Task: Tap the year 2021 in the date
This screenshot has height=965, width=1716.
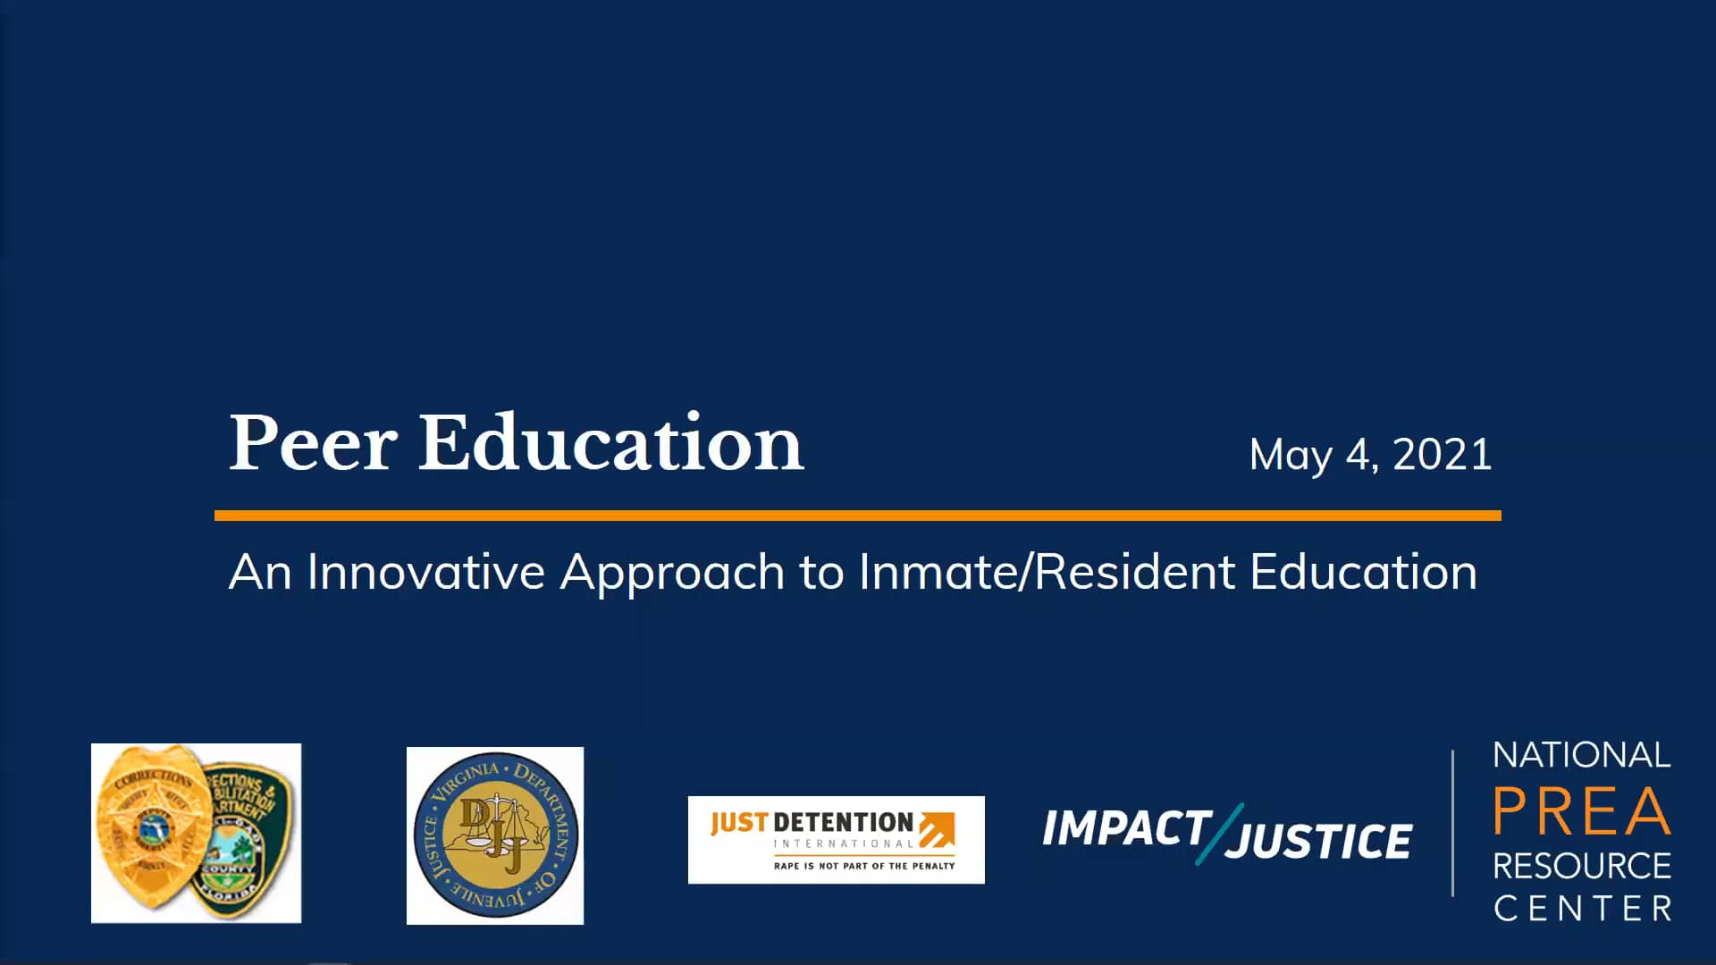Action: [1443, 454]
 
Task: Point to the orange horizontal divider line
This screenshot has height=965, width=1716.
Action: [858, 516]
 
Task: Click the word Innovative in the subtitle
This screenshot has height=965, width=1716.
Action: [425, 572]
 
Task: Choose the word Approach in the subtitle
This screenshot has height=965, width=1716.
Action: [672, 574]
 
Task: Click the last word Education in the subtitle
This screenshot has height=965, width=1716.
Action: [1363, 572]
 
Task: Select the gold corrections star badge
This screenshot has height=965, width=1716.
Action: [152, 827]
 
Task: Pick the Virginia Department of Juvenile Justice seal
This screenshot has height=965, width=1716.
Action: [495, 835]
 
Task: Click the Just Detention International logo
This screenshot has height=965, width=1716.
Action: [836, 840]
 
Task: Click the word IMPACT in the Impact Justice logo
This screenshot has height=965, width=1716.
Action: [1126, 828]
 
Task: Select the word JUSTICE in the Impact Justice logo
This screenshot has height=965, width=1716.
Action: [1319, 842]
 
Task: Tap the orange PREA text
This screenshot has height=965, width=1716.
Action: [1581, 811]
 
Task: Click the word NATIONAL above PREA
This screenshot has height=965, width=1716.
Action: [1581, 756]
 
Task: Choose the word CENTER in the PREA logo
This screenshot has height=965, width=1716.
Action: [1582, 909]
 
